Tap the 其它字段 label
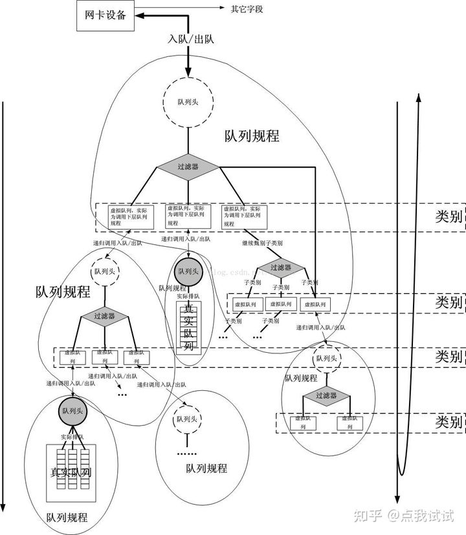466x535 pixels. click(x=247, y=9)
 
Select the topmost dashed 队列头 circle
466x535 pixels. click(x=187, y=103)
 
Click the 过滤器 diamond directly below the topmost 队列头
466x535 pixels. click(x=187, y=167)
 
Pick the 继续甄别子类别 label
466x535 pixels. click(x=262, y=244)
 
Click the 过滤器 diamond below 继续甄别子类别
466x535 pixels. click(x=281, y=267)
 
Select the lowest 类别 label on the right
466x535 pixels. click(x=448, y=423)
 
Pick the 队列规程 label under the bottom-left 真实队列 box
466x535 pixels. click(x=67, y=518)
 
